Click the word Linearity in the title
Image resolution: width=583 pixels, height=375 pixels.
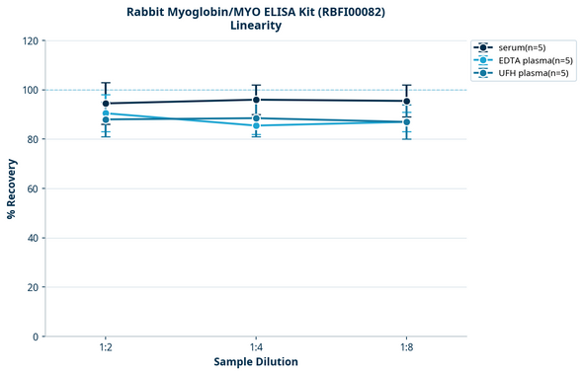(x=256, y=26)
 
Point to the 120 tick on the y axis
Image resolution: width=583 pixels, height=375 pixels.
(x=30, y=40)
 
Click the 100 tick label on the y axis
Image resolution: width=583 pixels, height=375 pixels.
(x=30, y=90)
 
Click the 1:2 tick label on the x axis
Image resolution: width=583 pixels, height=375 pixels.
(x=106, y=348)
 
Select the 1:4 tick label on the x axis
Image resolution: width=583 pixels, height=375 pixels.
(x=256, y=348)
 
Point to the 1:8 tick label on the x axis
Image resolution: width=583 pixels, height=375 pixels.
(x=406, y=348)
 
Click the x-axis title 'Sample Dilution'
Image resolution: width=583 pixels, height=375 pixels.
(x=256, y=362)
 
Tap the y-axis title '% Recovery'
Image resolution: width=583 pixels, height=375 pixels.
(x=12, y=188)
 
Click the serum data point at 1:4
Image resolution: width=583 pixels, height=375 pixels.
(x=256, y=100)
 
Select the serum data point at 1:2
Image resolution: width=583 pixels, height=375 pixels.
(x=106, y=104)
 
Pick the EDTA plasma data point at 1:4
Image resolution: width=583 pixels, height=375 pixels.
(x=256, y=125)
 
